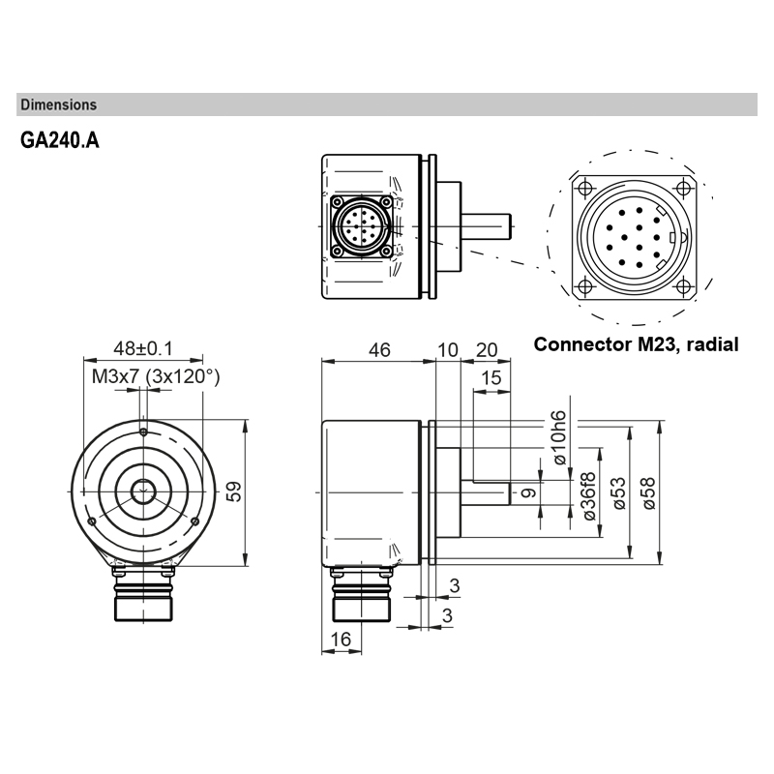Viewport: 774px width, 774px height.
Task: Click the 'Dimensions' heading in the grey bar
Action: pyautogui.click(x=58, y=104)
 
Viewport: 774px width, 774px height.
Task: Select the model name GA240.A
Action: pyautogui.click(x=59, y=140)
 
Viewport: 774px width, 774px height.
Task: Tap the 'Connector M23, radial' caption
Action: pyautogui.click(x=636, y=344)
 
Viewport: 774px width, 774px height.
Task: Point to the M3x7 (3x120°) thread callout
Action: pyautogui.click(x=156, y=376)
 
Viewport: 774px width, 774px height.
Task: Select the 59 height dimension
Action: pyautogui.click(x=233, y=491)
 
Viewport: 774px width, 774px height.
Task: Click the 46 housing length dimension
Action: pyautogui.click(x=379, y=350)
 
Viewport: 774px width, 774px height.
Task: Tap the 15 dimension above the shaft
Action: pyautogui.click(x=491, y=378)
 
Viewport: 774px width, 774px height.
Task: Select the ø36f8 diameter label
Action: pyautogui.click(x=588, y=497)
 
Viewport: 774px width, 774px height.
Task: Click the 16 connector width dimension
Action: pyautogui.click(x=340, y=640)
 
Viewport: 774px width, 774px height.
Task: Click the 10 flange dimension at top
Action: pyautogui.click(x=447, y=350)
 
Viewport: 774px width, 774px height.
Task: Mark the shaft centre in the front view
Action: pyautogui.click(x=143, y=491)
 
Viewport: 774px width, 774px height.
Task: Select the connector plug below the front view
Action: pyautogui.click(x=143, y=598)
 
